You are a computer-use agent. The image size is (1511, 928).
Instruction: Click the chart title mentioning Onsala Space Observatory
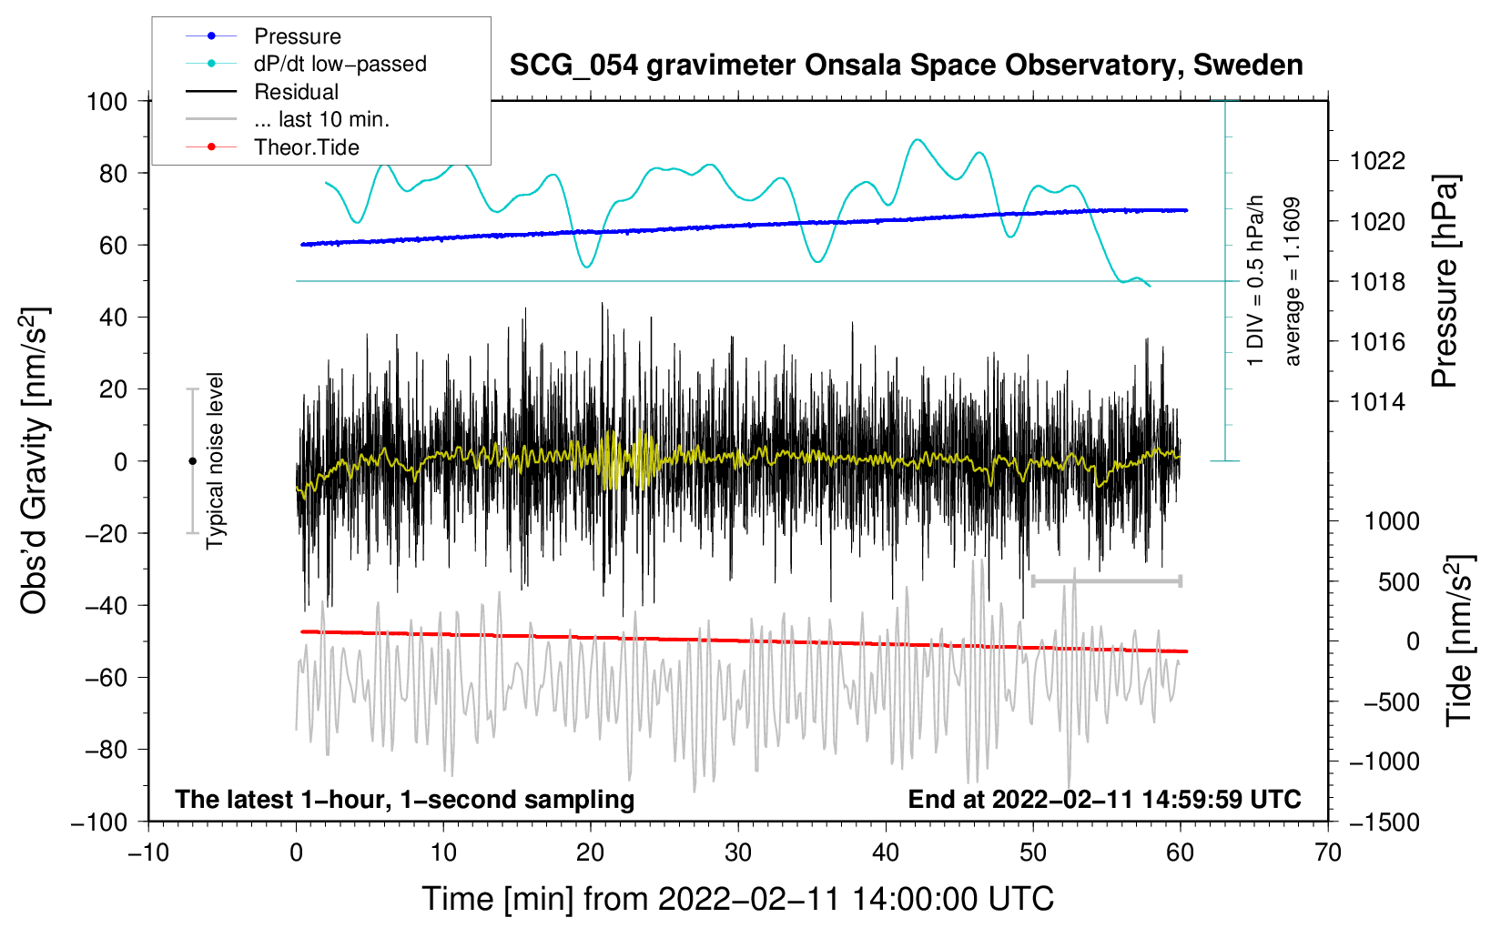pos(906,66)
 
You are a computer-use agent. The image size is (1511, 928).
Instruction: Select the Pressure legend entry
pos(297,36)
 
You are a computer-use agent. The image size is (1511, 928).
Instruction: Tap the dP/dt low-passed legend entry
pos(340,64)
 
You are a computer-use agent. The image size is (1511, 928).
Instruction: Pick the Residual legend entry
pos(296,92)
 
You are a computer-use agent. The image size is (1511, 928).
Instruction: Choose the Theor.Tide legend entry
pos(306,147)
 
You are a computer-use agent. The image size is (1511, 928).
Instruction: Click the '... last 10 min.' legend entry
pos(321,119)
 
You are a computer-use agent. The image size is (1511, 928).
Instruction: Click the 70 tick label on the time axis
pos(1328,852)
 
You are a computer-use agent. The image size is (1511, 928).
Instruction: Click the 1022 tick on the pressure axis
pos(1377,161)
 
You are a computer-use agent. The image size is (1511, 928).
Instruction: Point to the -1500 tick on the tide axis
pos(1384,822)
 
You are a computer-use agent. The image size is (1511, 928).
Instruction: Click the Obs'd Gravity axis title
pos(35,460)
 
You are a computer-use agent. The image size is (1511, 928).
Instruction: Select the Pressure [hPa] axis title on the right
pos(1445,282)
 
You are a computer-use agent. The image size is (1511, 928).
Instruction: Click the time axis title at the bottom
pos(738,899)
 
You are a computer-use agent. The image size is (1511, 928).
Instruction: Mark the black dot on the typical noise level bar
pos(192,461)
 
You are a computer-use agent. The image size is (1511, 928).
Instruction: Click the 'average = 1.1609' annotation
pos(1292,281)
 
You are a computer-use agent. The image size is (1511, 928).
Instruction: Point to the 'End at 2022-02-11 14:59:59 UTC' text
pos(1104,800)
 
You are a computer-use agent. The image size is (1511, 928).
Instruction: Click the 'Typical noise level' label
pos(215,460)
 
